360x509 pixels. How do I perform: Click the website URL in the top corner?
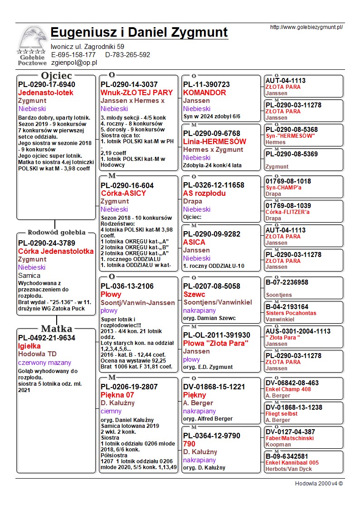(x=306, y=27)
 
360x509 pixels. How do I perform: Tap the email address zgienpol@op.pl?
(x=74, y=63)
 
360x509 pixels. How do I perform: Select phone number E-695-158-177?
(x=73, y=55)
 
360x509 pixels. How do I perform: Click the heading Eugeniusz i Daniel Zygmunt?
(x=139, y=33)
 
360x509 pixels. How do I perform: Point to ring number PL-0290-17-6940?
(x=47, y=85)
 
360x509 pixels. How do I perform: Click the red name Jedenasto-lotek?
(x=45, y=93)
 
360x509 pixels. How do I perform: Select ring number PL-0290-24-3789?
(x=47, y=243)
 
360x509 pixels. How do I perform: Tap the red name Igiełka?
(x=29, y=346)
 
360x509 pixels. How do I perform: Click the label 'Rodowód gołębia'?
(x=56, y=233)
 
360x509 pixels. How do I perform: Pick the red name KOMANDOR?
(x=204, y=93)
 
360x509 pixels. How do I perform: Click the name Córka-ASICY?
(x=123, y=194)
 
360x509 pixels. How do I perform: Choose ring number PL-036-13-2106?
(x=127, y=286)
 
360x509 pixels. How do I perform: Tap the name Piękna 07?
(x=117, y=395)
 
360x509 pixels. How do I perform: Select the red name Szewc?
(x=194, y=295)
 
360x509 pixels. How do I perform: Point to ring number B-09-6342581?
(x=287, y=456)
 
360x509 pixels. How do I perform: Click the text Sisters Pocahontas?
(x=291, y=313)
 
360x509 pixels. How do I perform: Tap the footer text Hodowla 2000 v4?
(x=319, y=484)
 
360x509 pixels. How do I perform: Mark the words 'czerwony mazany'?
(x=43, y=363)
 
